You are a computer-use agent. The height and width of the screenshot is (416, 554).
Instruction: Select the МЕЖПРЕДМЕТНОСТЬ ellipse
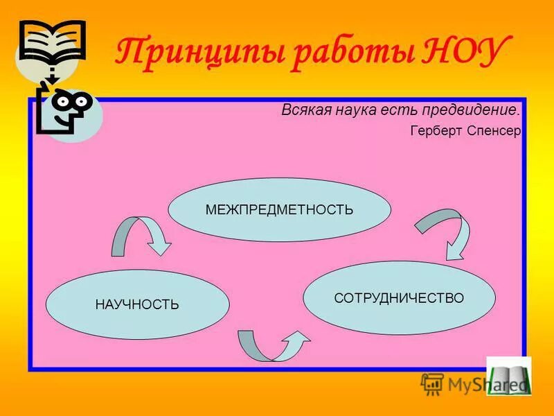(x=279, y=209)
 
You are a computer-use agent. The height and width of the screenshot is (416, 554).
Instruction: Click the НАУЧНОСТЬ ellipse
(x=137, y=304)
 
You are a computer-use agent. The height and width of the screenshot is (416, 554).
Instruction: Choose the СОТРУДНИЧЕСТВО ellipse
(x=399, y=297)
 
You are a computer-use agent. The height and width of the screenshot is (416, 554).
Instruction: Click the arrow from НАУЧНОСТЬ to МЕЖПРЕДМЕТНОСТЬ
(x=141, y=236)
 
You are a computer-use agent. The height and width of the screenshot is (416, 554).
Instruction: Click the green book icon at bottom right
(x=509, y=376)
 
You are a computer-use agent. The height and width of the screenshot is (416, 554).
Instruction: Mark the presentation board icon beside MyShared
(x=432, y=383)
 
